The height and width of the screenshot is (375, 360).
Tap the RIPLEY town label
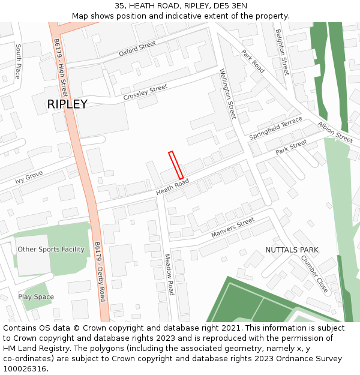click(x=67, y=104)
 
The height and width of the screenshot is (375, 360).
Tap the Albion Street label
click(x=335, y=132)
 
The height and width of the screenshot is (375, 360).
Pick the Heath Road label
click(x=172, y=187)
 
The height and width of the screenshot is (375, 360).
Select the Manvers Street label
click(x=233, y=228)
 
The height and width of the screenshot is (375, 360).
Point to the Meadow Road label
click(x=169, y=274)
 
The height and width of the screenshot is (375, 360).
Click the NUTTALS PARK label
click(x=292, y=250)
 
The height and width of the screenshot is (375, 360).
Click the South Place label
click(x=19, y=61)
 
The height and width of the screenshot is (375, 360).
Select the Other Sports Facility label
click(x=51, y=250)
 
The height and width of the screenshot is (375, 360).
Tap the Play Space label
click(x=36, y=297)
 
